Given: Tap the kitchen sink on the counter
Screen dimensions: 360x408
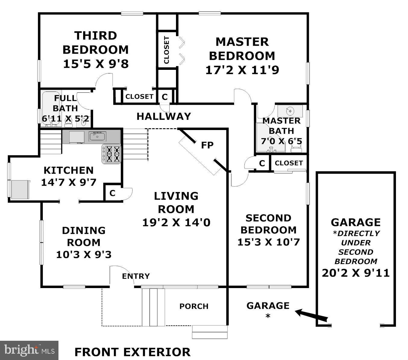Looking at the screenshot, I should (x=97, y=136).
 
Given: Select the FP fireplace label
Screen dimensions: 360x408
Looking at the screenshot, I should (x=207, y=145).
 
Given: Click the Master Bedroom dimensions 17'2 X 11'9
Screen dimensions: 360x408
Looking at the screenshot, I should (x=242, y=70).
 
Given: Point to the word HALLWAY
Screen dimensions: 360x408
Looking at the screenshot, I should (x=164, y=116).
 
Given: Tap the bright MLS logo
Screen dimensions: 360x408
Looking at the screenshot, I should (x=29, y=350).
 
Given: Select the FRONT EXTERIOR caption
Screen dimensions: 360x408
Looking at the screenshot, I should (x=132, y=352).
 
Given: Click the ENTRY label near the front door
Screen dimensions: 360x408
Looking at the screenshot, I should (x=136, y=276).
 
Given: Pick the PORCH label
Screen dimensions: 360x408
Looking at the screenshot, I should (x=194, y=306).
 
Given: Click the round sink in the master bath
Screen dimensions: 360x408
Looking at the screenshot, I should (x=290, y=111).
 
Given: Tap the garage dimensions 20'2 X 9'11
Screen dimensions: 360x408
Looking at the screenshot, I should (x=356, y=273).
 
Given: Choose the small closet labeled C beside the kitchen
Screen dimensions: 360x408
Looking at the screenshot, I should (x=112, y=193).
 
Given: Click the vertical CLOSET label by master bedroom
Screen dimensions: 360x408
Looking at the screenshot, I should (x=166, y=50).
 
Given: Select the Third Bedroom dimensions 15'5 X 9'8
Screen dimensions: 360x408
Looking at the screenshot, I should (x=96, y=64).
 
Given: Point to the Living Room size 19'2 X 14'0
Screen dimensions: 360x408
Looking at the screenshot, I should (x=176, y=222).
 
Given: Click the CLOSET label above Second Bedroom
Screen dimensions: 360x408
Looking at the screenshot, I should (x=288, y=163).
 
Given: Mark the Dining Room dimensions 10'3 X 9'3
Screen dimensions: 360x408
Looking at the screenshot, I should (x=84, y=255).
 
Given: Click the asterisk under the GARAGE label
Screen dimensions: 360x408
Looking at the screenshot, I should (x=267, y=316).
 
